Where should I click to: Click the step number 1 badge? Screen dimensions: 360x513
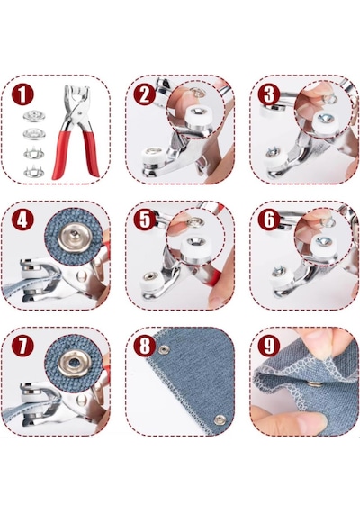pos(22,94)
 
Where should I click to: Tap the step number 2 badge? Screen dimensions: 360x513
pos(144,94)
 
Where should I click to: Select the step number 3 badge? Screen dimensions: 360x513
pos(269,94)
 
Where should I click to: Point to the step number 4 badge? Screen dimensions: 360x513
pos(22,220)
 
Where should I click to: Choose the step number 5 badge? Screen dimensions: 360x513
pos(144,220)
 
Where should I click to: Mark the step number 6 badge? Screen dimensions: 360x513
pos(269,220)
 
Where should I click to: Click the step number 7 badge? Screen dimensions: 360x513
pos(22,346)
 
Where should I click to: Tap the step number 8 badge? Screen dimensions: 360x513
pos(144,346)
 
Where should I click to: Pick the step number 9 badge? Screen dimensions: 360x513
pos(269,346)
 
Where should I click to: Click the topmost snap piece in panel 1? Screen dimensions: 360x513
pos(34,115)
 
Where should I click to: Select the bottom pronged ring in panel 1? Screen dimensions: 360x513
pos(34,171)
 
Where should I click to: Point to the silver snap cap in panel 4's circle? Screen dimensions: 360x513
pos(74,238)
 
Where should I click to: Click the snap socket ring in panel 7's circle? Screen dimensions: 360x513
pos(75,364)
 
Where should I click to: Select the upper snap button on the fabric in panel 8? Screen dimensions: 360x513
pos(164,350)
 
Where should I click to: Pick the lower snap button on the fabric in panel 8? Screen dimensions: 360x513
pos(220,420)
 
